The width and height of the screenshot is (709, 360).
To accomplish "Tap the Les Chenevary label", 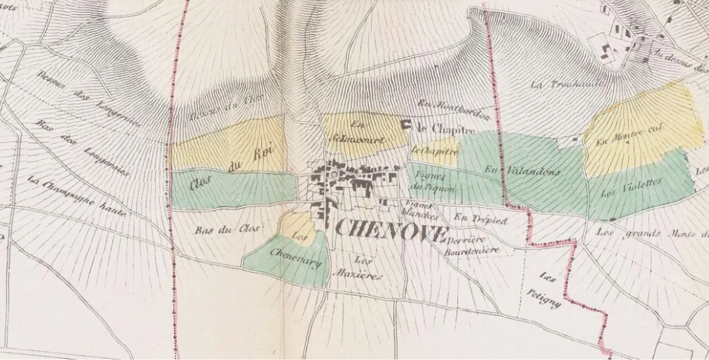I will coord(296,255).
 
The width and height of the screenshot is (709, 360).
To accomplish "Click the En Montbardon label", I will coord(454,109).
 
